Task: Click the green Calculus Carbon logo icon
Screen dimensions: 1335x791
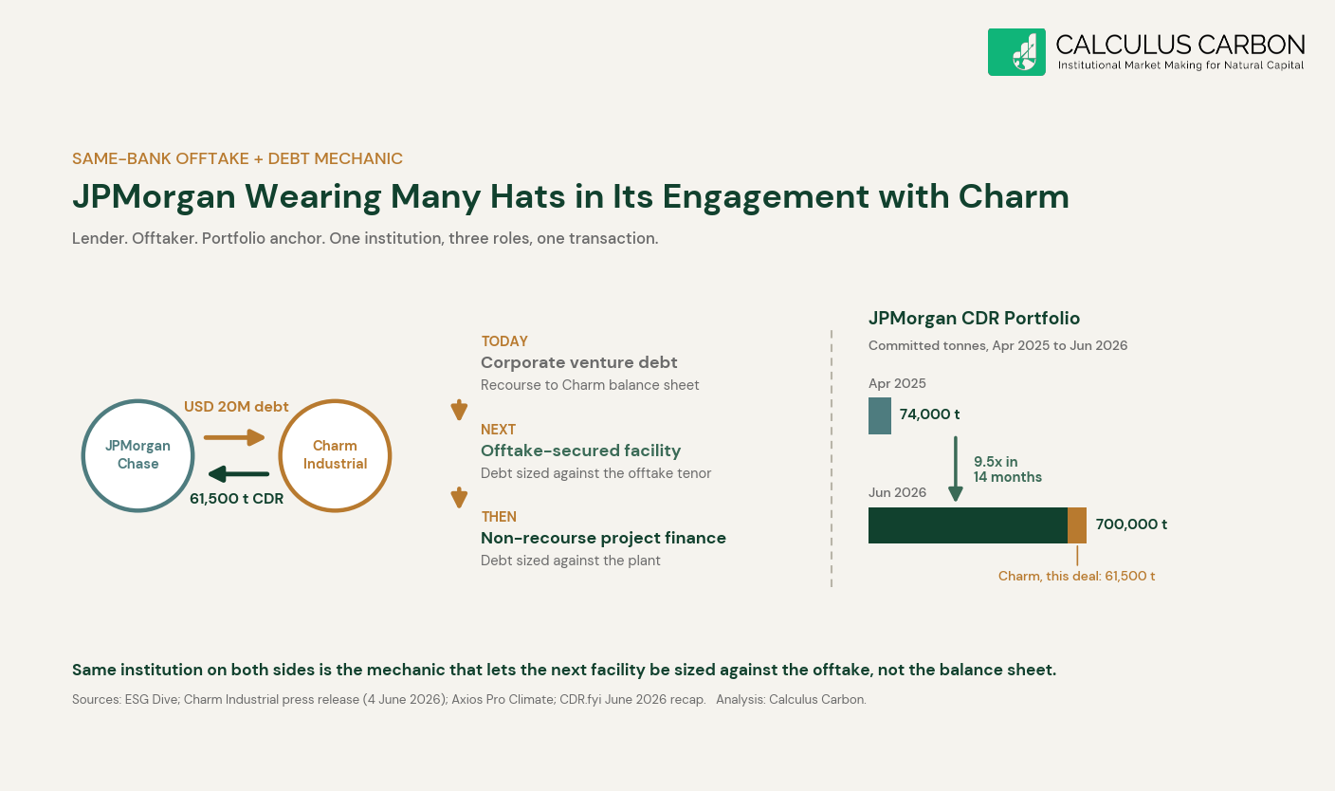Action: (1016, 52)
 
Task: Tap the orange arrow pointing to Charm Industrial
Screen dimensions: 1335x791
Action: (234, 437)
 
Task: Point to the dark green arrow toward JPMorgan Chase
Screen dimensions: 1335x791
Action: (238, 474)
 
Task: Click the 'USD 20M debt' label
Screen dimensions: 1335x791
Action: (236, 407)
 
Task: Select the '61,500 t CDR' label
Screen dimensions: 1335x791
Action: (237, 498)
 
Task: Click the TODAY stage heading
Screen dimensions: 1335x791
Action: (504, 340)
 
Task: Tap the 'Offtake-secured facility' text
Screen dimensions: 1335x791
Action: (580, 451)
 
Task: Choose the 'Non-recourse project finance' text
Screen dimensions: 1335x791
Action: (603, 538)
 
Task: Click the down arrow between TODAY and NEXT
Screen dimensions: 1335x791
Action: (459, 410)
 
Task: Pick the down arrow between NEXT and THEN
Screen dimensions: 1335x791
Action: (459, 498)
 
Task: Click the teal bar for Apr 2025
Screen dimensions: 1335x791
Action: (880, 415)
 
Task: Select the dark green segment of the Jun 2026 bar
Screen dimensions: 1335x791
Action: (968, 525)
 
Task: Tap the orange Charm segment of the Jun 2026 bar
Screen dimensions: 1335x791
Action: (1077, 525)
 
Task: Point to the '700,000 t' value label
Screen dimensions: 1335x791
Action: (1131, 524)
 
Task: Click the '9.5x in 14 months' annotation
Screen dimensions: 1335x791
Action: (1008, 469)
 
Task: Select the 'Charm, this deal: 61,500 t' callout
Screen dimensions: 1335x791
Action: (1076, 576)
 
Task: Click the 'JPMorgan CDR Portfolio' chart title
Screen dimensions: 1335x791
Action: (974, 319)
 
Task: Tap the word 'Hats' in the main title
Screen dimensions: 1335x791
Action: (527, 196)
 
